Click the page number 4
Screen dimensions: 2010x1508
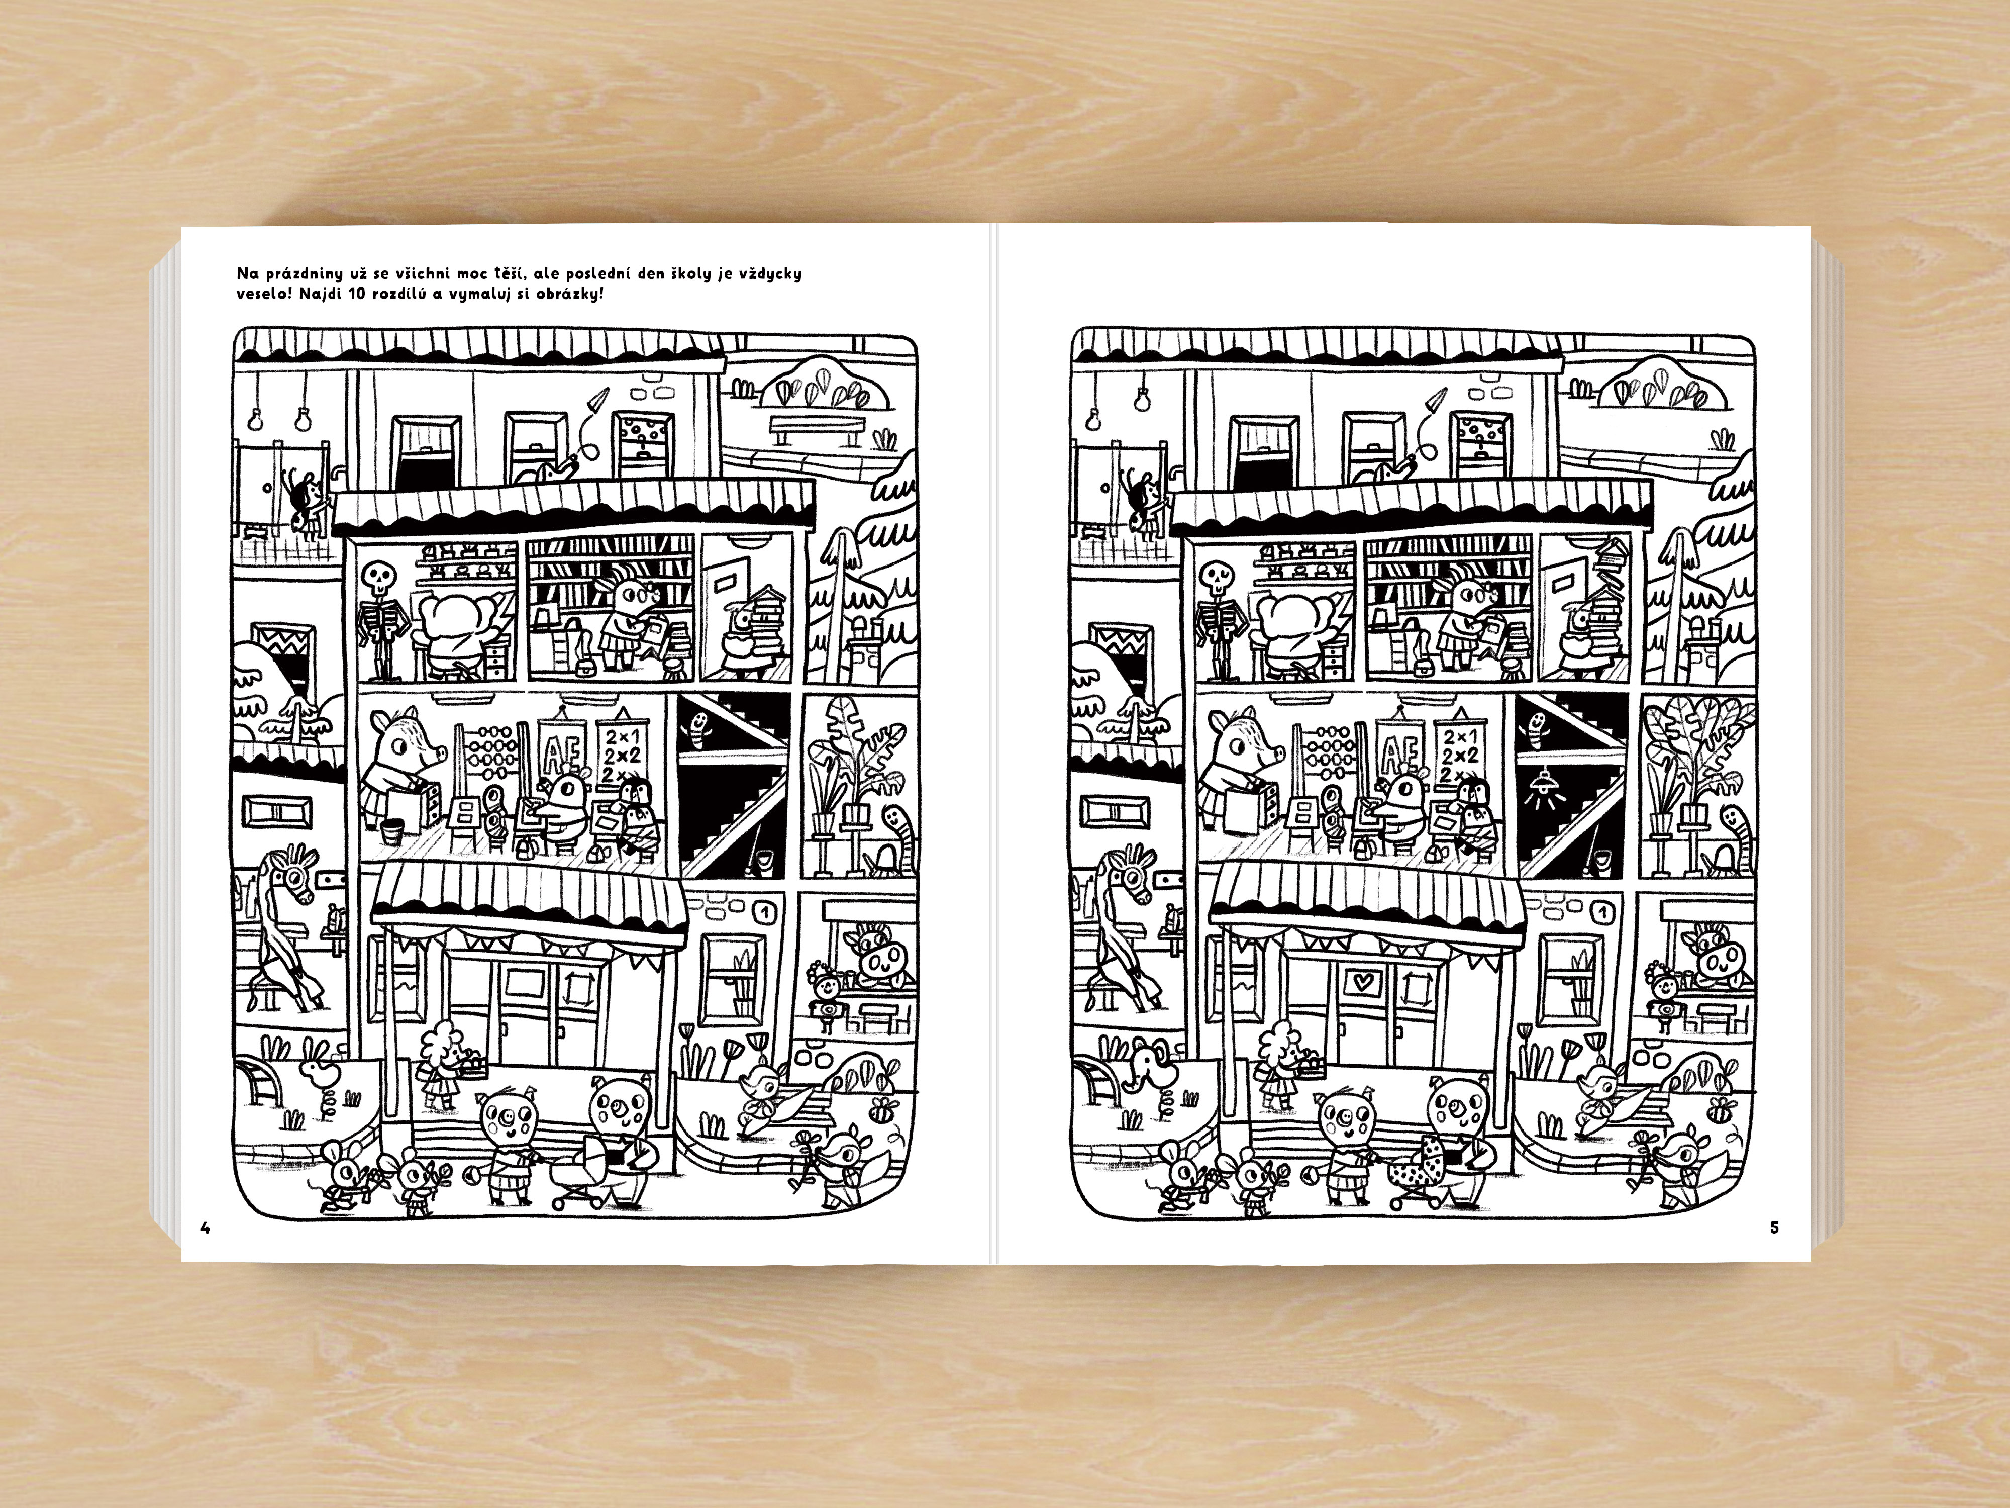click(x=206, y=1228)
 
